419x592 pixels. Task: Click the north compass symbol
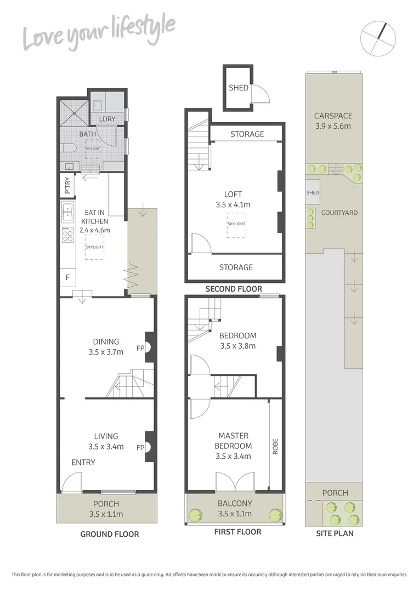pyautogui.click(x=378, y=38)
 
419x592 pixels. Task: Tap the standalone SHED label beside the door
pyautogui.click(x=239, y=88)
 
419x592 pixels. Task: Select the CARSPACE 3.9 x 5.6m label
pyautogui.click(x=333, y=121)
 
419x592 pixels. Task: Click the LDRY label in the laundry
pyautogui.click(x=106, y=119)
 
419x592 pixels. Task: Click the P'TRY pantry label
pyautogui.click(x=67, y=185)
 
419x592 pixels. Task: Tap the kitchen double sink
pyautogui.click(x=67, y=209)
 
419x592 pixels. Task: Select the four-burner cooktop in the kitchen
pyautogui.click(x=67, y=236)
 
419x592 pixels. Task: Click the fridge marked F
pyautogui.click(x=67, y=277)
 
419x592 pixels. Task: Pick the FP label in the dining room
pyautogui.click(x=140, y=347)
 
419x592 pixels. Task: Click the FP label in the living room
pyautogui.click(x=140, y=447)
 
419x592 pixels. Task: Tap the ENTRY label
pyautogui.click(x=83, y=463)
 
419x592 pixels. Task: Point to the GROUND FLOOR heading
pyautogui.click(x=110, y=534)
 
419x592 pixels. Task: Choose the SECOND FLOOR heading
pyautogui.click(x=234, y=289)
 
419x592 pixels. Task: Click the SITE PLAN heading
pyautogui.click(x=335, y=533)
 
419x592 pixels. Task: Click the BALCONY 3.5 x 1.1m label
pyautogui.click(x=235, y=508)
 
